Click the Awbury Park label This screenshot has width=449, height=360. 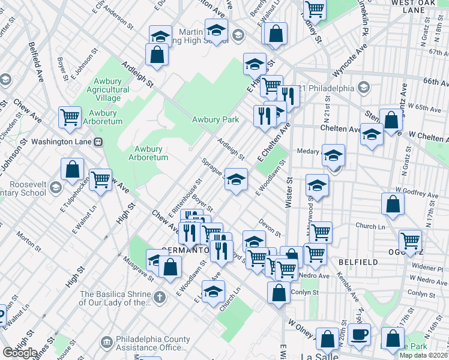(215, 119)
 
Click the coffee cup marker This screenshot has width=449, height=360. (360, 335)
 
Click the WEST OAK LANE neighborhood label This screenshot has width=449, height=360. (414, 7)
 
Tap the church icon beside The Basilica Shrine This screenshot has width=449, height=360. (159, 298)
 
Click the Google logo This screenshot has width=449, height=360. (20, 353)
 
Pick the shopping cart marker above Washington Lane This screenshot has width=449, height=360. (70, 116)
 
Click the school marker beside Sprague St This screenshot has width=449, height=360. (237, 179)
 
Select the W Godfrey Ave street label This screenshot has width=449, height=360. (416, 195)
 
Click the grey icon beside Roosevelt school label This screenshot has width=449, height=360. (55, 188)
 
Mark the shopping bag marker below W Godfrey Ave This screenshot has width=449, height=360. (392, 204)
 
